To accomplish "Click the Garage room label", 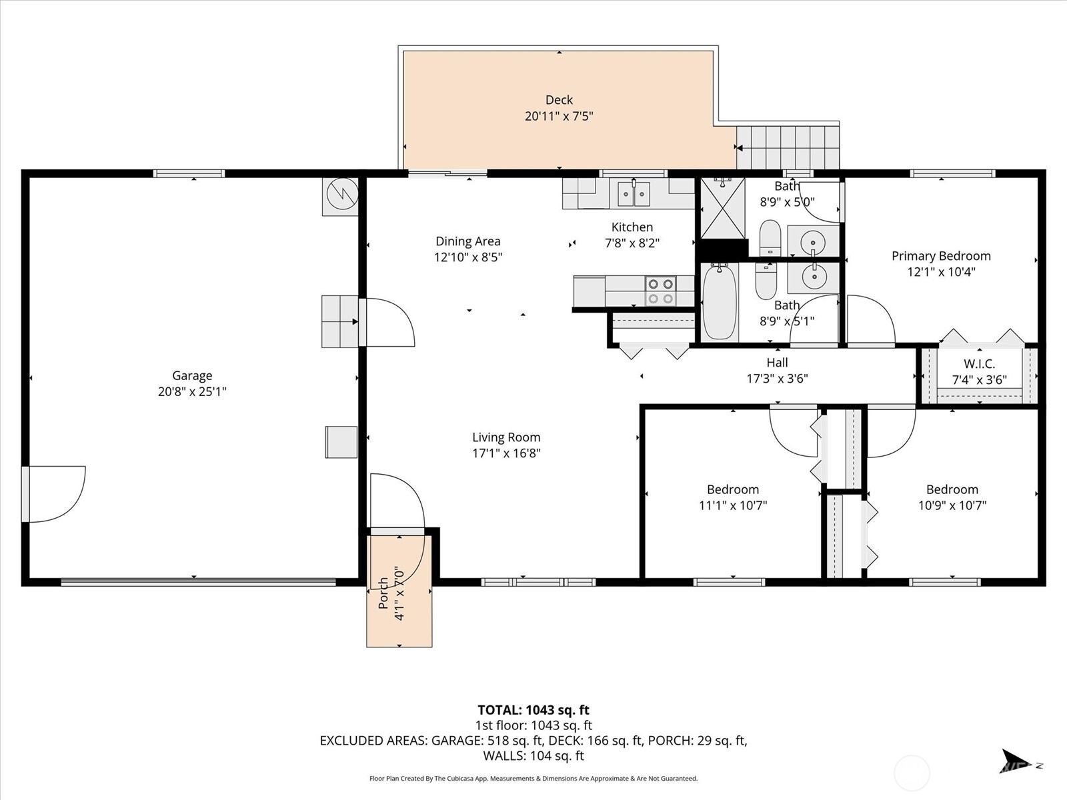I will tap(192, 375).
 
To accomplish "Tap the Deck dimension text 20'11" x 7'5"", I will tap(559, 116).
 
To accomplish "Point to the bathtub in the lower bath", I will tap(720, 302).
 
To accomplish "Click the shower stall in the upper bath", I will tap(722, 207).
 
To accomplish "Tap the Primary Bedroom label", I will tap(941, 256).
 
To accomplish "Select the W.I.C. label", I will tap(979, 364).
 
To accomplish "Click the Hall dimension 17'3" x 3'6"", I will tap(777, 379).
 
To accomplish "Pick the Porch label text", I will tap(383, 593).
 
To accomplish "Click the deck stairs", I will tap(788, 147).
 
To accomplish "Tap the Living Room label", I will tap(506, 437).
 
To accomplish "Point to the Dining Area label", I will tap(467, 241).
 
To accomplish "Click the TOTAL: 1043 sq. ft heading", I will tap(533, 710).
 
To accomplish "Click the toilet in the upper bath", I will tap(770, 237).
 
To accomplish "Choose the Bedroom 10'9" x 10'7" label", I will tap(952, 489).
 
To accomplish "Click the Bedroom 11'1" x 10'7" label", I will tap(733, 489).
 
